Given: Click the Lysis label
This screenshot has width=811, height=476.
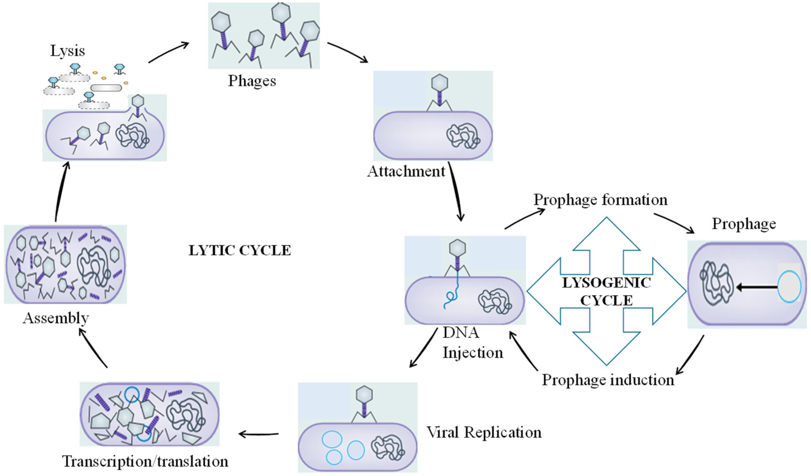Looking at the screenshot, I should (x=68, y=51).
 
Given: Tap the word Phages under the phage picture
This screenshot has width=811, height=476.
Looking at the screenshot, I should (x=252, y=81).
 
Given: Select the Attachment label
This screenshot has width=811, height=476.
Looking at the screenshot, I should (x=406, y=171).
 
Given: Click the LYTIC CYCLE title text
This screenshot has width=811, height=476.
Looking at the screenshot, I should (x=240, y=250).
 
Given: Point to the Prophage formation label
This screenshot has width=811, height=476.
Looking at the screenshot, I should (x=600, y=200).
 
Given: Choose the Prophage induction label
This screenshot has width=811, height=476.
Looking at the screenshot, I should (x=608, y=380).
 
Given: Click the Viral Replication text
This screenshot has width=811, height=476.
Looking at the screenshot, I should (x=484, y=432).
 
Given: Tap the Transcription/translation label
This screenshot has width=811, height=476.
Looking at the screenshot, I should (x=145, y=461).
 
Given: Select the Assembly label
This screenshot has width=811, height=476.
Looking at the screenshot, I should (x=56, y=318).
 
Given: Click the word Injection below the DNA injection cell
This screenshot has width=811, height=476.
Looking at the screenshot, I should (x=473, y=352).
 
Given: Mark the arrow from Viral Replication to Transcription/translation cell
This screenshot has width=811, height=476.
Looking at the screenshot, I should (x=258, y=435).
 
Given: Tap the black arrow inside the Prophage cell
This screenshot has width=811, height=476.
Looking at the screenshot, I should (x=756, y=287).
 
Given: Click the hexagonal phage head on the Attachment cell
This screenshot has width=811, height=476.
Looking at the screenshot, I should (x=439, y=83).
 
